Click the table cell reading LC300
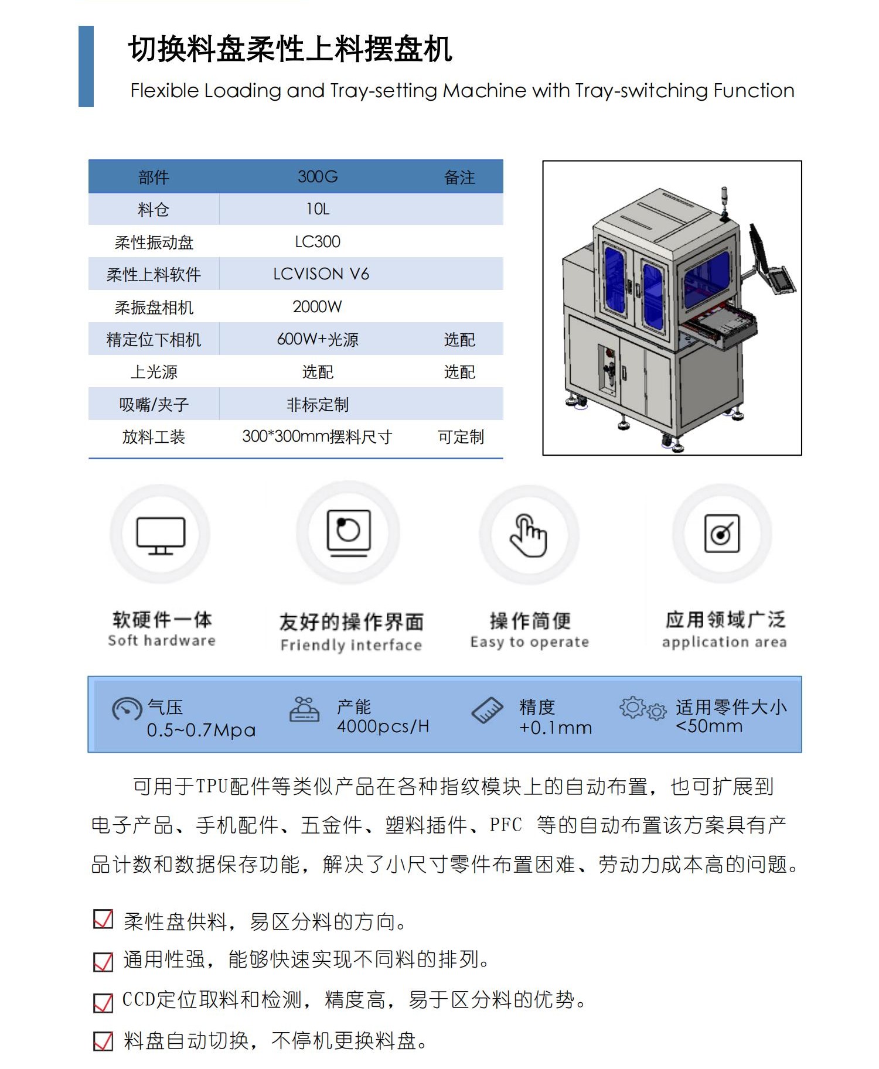coord(317,242)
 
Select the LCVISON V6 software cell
coord(321,274)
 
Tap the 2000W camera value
coord(317,307)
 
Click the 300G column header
coord(318,177)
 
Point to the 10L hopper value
coord(318,209)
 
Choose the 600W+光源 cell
coord(317,340)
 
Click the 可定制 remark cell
coord(461,437)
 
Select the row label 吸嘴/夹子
coord(154,405)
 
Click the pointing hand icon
coord(529,535)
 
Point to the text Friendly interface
coord(351,646)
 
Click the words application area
coord(724,642)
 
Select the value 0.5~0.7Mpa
coord(201,730)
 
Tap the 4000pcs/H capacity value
coord(383,727)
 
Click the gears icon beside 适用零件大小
coord(643,709)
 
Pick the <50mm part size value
coord(709,726)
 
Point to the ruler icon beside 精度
coord(487,710)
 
